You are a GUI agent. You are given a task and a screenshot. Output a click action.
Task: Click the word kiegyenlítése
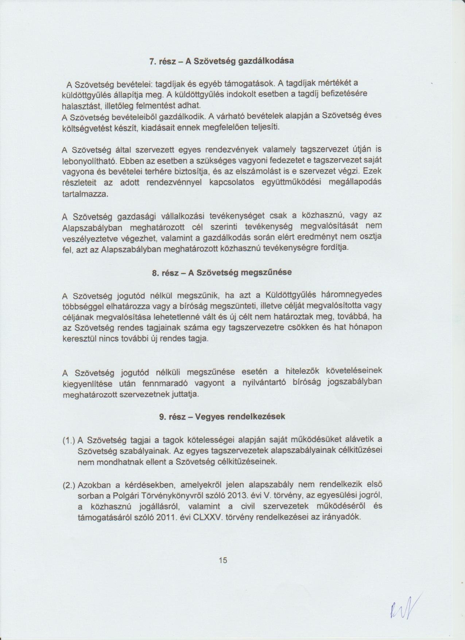88,384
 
